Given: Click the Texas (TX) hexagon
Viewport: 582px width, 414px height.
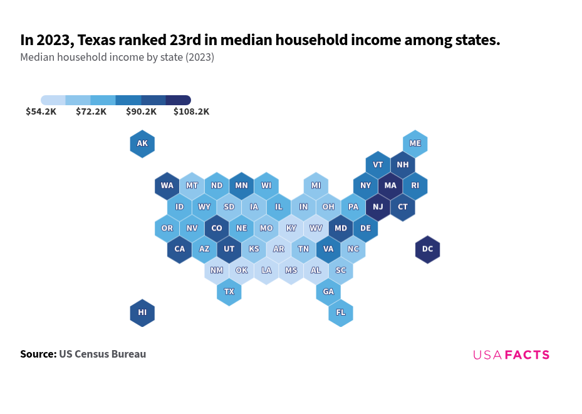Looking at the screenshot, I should click(x=229, y=291).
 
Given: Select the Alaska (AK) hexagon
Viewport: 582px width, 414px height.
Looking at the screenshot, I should click(x=142, y=143).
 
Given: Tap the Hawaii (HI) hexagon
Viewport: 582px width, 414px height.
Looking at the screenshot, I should click(x=142, y=313).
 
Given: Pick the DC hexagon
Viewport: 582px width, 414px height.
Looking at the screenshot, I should click(x=427, y=249).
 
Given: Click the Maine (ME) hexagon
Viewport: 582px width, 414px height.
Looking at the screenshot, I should click(x=415, y=143).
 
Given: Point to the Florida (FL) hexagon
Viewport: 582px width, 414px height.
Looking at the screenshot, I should click(x=341, y=313).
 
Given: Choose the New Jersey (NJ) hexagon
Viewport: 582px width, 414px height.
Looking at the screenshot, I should click(x=378, y=207).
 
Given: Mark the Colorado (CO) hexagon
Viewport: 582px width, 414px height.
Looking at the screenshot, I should click(x=217, y=228).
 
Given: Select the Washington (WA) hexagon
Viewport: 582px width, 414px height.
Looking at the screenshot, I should click(x=167, y=185).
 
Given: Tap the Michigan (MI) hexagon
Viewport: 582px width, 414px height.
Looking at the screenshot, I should click(x=316, y=185).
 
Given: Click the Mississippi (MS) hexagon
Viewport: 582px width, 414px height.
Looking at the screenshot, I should click(x=291, y=270).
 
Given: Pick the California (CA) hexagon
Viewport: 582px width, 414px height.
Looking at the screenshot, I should click(x=180, y=249).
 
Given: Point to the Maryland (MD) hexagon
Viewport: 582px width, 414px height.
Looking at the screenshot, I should click(x=341, y=228).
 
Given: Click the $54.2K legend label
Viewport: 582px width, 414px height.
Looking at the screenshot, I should click(x=41, y=111).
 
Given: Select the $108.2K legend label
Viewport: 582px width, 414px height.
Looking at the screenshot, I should click(x=191, y=111).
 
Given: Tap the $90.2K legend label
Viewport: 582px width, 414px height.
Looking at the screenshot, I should click(x=141, y=111).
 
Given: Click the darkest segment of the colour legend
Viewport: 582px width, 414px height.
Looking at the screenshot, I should click(x=179, y=100).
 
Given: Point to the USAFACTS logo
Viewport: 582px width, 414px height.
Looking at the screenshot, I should click(x=511, y=355).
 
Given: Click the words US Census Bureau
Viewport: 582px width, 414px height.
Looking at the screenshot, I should click(x=103, y=354).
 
